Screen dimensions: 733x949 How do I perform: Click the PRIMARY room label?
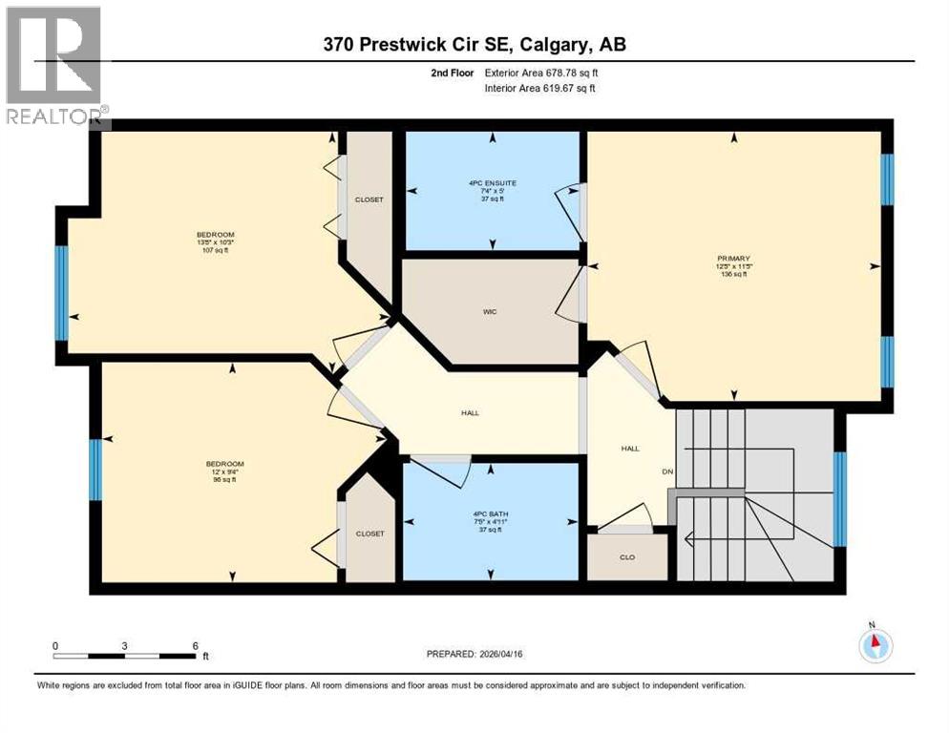point(733,258)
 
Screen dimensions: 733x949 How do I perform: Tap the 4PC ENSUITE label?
point(492,183)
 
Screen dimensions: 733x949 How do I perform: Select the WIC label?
point(490,312)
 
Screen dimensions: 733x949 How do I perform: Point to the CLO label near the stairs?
point(626,557)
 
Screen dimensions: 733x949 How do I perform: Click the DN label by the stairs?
point(668,471)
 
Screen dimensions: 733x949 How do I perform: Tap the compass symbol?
point(875,645)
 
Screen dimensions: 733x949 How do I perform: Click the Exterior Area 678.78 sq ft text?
point(541,73)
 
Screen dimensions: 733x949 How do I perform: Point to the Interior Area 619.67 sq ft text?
point(540,88)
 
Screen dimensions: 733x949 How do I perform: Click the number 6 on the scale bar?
point(195,645)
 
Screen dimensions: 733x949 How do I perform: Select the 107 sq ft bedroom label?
point(215,235)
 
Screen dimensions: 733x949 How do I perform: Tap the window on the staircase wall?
point(839,498)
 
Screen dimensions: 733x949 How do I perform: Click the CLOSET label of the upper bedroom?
point(369,199)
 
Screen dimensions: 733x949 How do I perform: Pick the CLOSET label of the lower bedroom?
point(369,534)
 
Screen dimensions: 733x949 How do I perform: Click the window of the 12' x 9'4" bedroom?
point(95,469)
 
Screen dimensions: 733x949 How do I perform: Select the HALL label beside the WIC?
point(470,413)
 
